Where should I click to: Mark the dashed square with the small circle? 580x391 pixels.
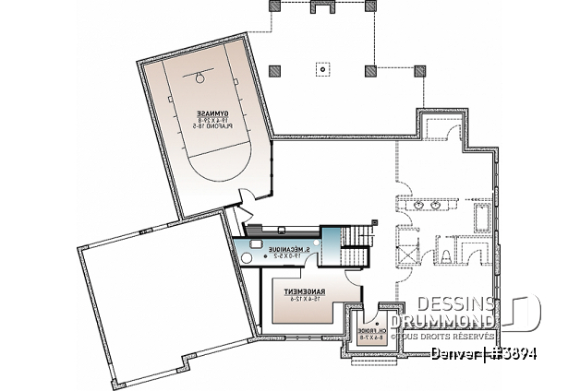[321, 68]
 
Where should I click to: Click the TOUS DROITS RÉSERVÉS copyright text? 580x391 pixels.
[462, 337]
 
